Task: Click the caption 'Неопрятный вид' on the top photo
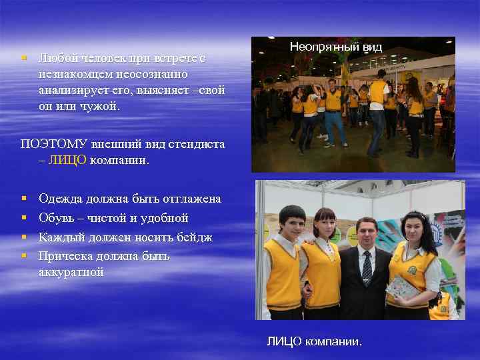pos(335,47)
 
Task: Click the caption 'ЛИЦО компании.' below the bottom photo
pos(315,341)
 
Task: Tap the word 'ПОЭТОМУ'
pos(49,143)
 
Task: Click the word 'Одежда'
pos(61,199)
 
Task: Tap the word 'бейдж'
pos(195,237)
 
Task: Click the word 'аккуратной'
pos(71,272)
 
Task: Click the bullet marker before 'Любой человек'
pos(23,58)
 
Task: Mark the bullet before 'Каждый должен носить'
pos(23,237)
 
